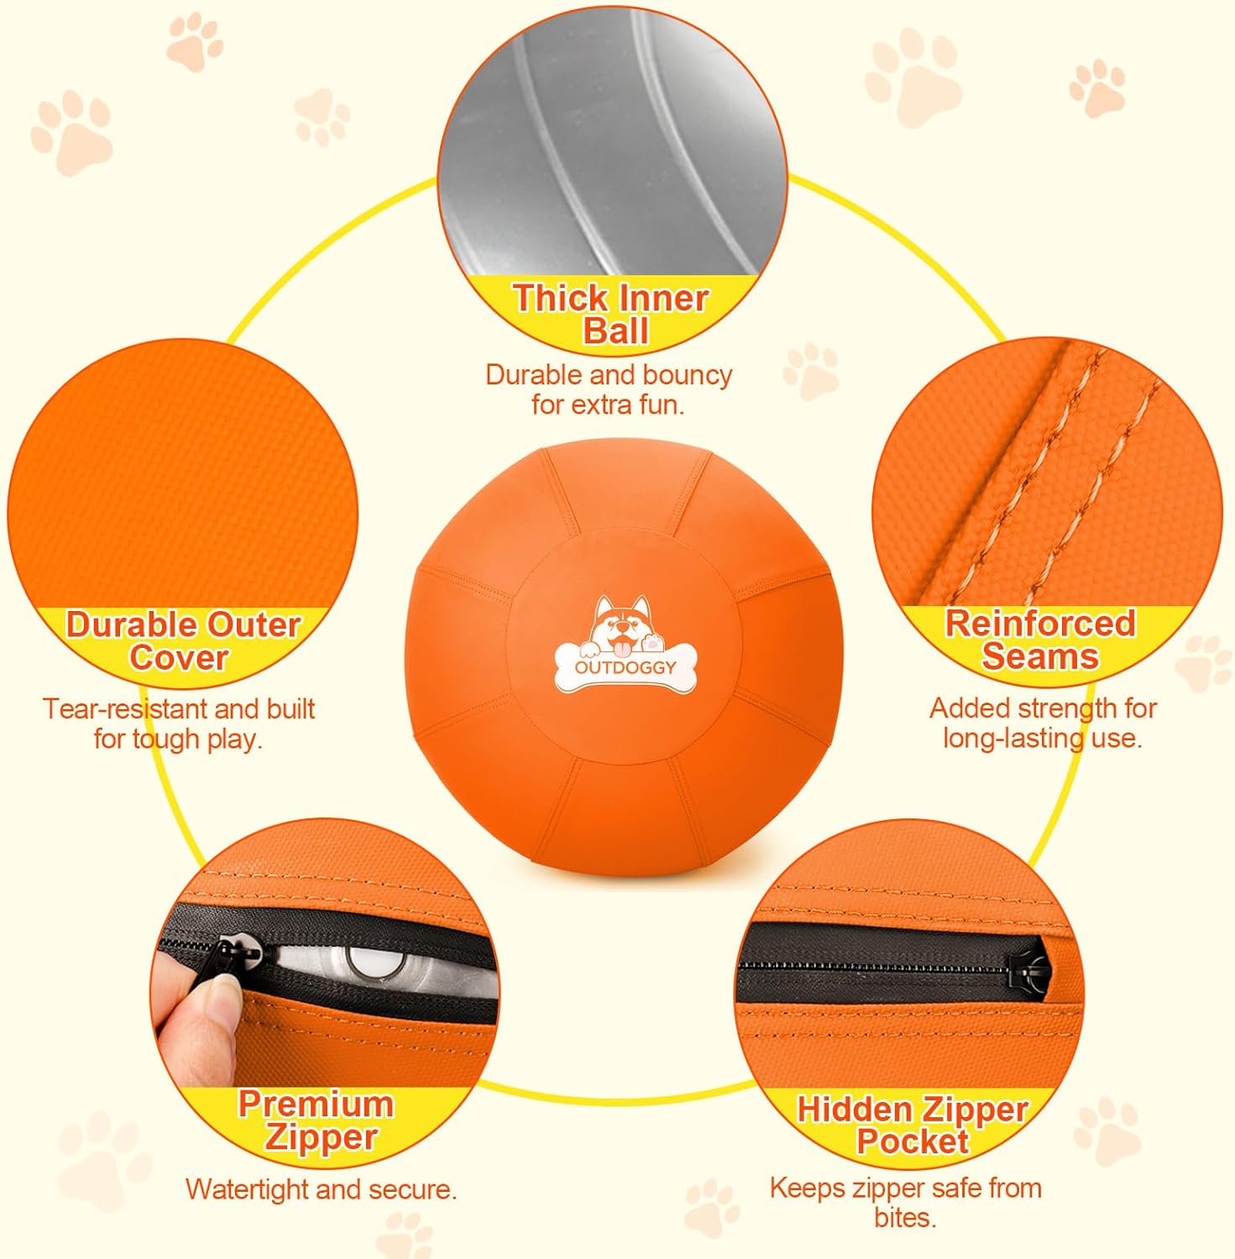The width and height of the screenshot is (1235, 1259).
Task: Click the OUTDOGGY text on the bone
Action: [625, 668]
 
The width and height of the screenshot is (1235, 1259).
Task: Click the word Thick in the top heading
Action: [560, 298]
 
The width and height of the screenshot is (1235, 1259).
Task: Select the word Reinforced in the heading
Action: [1040, 624]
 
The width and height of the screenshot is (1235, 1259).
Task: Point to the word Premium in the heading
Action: [316, 1104]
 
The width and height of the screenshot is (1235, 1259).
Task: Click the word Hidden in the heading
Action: [854, 1110]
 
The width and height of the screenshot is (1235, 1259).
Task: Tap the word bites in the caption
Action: [905, 1217]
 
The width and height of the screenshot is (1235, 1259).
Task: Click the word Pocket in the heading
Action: [913, 1142]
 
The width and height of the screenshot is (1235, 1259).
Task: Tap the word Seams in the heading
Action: [1040, 656]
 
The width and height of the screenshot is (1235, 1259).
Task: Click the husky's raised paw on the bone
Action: [653, 644]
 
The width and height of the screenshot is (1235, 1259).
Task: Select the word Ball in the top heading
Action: [616, 331]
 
